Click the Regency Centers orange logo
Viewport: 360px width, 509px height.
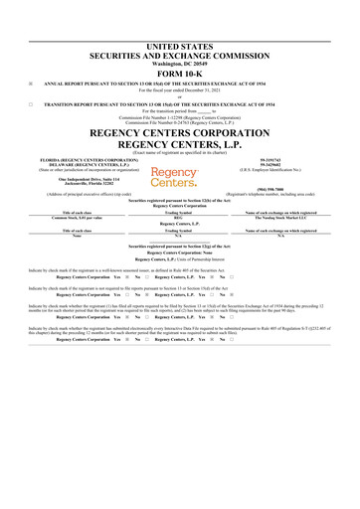point(173,176)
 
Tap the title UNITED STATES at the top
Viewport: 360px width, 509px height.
point(179,47)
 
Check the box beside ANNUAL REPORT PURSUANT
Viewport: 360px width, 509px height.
point(32,83)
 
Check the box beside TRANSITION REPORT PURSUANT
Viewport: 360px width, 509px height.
point(32,103)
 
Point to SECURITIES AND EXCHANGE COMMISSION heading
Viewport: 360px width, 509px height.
point(179,55)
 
